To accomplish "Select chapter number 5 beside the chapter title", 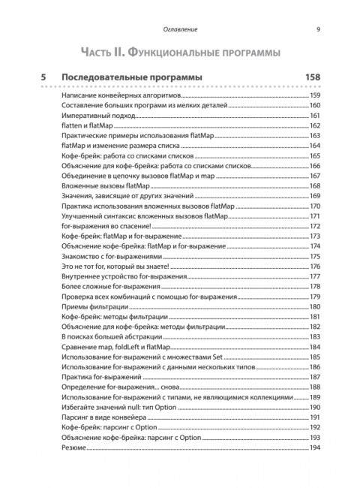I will (44, 77).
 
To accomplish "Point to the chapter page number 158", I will (308, 77).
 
